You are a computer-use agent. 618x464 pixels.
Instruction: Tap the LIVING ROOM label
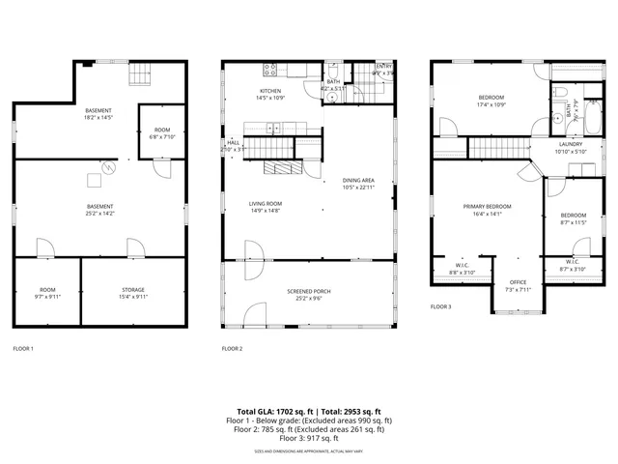[x=265, y=205]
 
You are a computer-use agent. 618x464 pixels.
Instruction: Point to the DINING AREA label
[x=358, y=181]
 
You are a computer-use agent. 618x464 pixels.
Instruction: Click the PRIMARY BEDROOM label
[x=487, y=207]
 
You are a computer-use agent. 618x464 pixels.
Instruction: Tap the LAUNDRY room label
[x=569, y=144]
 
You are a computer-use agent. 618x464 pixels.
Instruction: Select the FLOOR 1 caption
[x=22, y=348]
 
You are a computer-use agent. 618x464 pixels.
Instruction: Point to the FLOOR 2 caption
[x=232, y=348]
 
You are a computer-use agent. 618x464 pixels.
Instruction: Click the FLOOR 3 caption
[x=441, y=306]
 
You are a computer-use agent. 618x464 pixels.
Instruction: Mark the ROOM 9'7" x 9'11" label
[x=47, y=293]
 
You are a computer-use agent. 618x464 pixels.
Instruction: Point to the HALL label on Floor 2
[x=233, y=142]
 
